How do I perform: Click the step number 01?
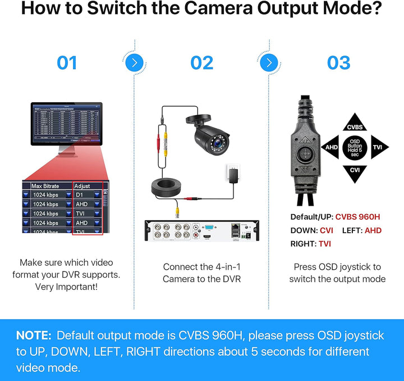click(67, 62)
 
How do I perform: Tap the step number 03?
click(338, 62)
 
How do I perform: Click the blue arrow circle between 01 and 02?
click(134, 62)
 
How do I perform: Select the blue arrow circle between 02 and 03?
click(269, 62)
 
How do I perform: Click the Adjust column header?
click(82, 185)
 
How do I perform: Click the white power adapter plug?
click(231, 174)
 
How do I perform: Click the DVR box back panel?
click(202, 231)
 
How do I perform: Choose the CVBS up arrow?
click(355, 123)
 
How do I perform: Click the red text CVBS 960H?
click(358, 217)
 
